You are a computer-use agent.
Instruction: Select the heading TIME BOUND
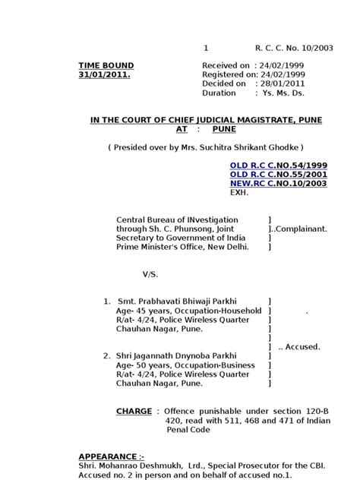click(x=106, y=66)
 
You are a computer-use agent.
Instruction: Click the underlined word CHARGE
click(x=134, y=411)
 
